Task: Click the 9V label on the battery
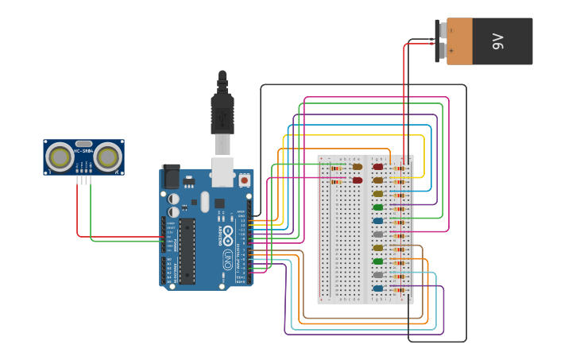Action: point(498,41)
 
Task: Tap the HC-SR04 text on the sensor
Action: point(83,150)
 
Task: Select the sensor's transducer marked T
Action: point(59,157)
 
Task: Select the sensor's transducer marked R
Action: point(108,157)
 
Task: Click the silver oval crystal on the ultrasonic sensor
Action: point(83,144)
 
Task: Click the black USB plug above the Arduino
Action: point(222,111)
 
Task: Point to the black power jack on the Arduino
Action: point(170,176)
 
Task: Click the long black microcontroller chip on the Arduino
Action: point(187,251)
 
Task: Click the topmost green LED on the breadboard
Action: point(378,207)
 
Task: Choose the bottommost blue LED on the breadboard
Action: point(378,288)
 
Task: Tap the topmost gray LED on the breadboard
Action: point(378,234)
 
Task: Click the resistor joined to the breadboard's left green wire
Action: point(336,168)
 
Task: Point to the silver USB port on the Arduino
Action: point(222,170)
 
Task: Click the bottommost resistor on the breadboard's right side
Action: point(400,289)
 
